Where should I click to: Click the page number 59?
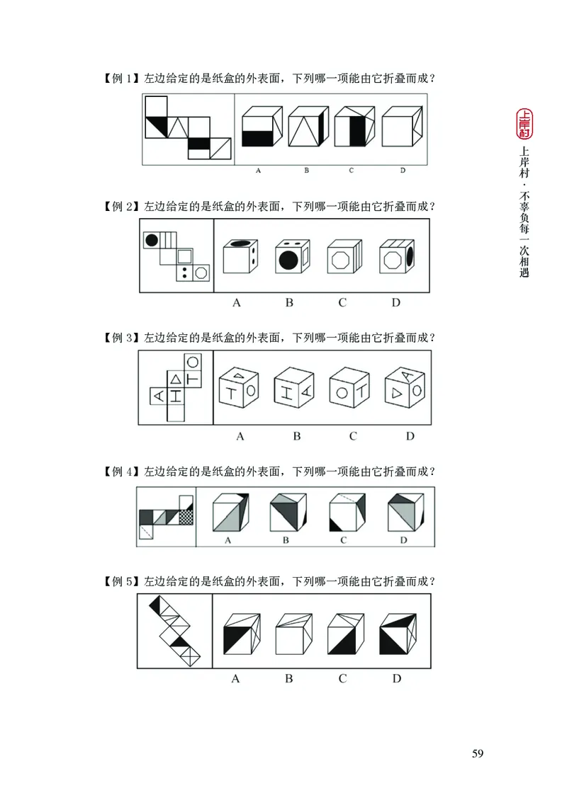[477, 753]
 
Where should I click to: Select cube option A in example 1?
[261, 127]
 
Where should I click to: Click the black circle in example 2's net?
[151, 240]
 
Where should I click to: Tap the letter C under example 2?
[342, 303]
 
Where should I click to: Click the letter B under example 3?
[297, 436]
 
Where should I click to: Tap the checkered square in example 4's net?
[186, 518]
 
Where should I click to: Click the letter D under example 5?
[397, 679]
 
